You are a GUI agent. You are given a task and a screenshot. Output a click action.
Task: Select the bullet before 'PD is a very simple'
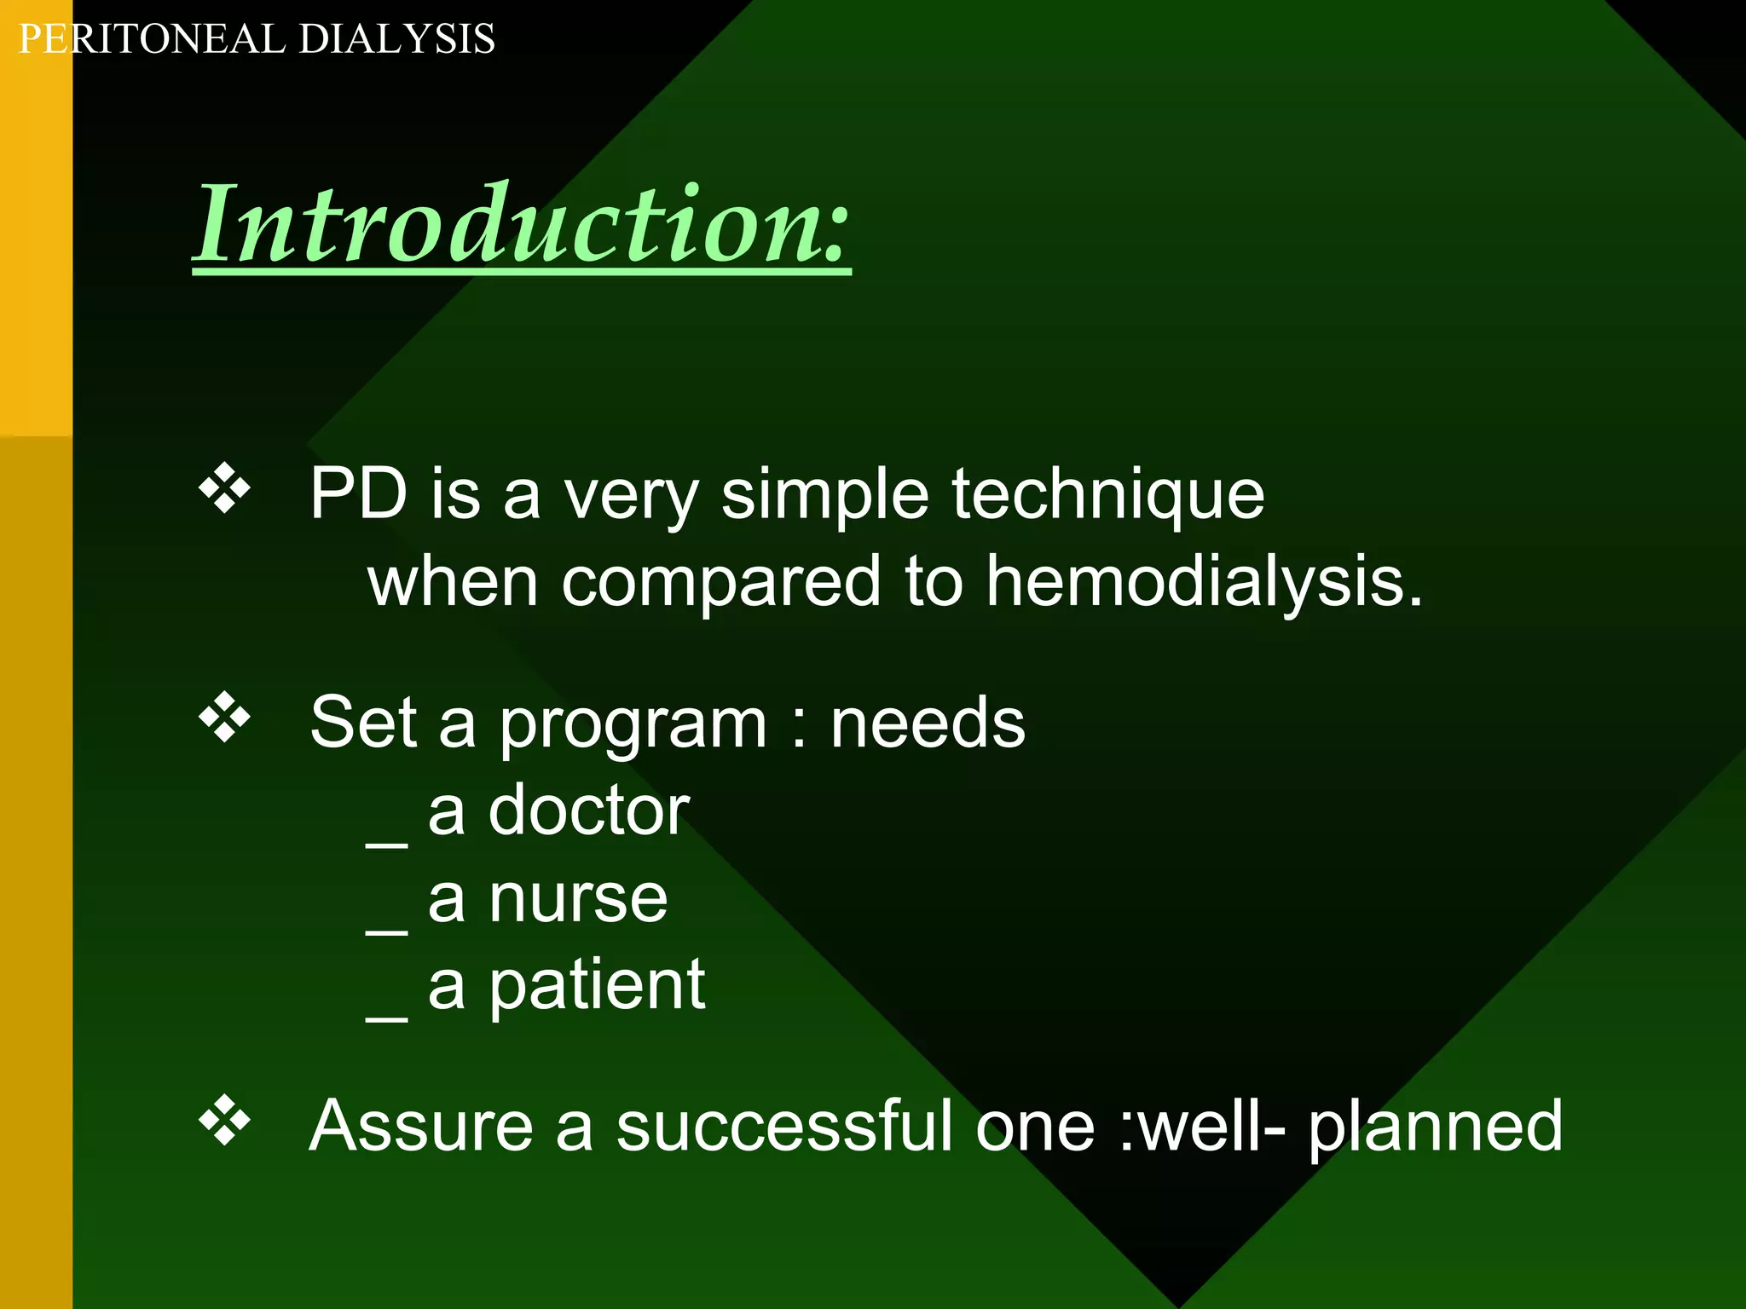click(x=224, y=488)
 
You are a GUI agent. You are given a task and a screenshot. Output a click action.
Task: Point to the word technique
click(x=1107, y=494)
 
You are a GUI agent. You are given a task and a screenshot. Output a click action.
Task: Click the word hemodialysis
click(x=1204, y=581)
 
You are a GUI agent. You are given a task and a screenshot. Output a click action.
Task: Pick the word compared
click(x=720, y=583)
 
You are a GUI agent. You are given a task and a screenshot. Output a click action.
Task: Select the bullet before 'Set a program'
click(x=224, y=718)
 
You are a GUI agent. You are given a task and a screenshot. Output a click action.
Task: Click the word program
click(x=633, y=724)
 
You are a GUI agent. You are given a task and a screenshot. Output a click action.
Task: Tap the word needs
click(x=928, y=723)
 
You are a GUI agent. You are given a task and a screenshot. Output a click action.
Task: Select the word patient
click(x=597, y=986)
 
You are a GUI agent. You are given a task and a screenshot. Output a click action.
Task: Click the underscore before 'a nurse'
click(x=386, y=931)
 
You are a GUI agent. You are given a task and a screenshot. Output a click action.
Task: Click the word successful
click(x=783, y=1126)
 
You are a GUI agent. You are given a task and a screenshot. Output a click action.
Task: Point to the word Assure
click(x=420, y=1126)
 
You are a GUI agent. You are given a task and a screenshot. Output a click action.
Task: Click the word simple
click(x=824, y=494)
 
